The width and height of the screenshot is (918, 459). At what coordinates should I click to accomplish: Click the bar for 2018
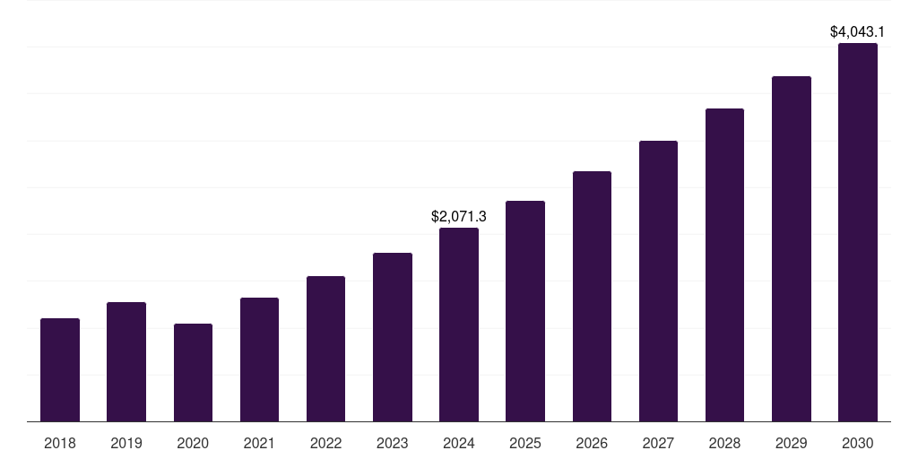coord(60,369)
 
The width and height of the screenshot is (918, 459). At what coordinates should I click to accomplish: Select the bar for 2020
coord(193,372)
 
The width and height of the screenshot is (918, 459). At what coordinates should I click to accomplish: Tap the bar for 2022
coord(325,349)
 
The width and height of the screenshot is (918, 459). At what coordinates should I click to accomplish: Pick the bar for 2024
coord(459,325)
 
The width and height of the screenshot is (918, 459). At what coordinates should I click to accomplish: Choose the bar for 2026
coord(592,296)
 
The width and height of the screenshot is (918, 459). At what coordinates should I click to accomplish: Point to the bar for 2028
coord(724,264)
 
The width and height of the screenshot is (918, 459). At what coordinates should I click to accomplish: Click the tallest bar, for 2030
coord(857,232)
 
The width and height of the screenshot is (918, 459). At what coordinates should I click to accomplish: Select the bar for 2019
coord(126,361)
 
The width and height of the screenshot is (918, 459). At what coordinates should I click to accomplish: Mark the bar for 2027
coord(658,281)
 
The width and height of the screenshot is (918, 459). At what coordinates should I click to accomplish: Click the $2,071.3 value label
coord(459,216)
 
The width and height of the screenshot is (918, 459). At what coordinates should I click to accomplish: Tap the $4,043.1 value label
coord(857,31)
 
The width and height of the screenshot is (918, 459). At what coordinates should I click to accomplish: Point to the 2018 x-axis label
coord(60,443)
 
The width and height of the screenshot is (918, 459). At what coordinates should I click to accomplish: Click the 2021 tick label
coord(259,443)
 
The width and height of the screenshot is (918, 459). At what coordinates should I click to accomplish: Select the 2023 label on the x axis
coord(392,443)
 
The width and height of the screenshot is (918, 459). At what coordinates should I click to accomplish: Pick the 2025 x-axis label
coord(525,443)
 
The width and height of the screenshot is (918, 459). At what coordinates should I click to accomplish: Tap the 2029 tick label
coord(791,443)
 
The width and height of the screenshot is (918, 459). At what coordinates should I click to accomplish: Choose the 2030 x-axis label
coord(857,443)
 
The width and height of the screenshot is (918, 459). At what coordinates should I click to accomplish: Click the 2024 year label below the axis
coord(459,443)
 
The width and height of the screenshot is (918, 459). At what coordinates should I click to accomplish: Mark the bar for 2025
coord(525,311)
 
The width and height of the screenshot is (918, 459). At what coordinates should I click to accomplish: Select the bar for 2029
coord(791,248)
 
